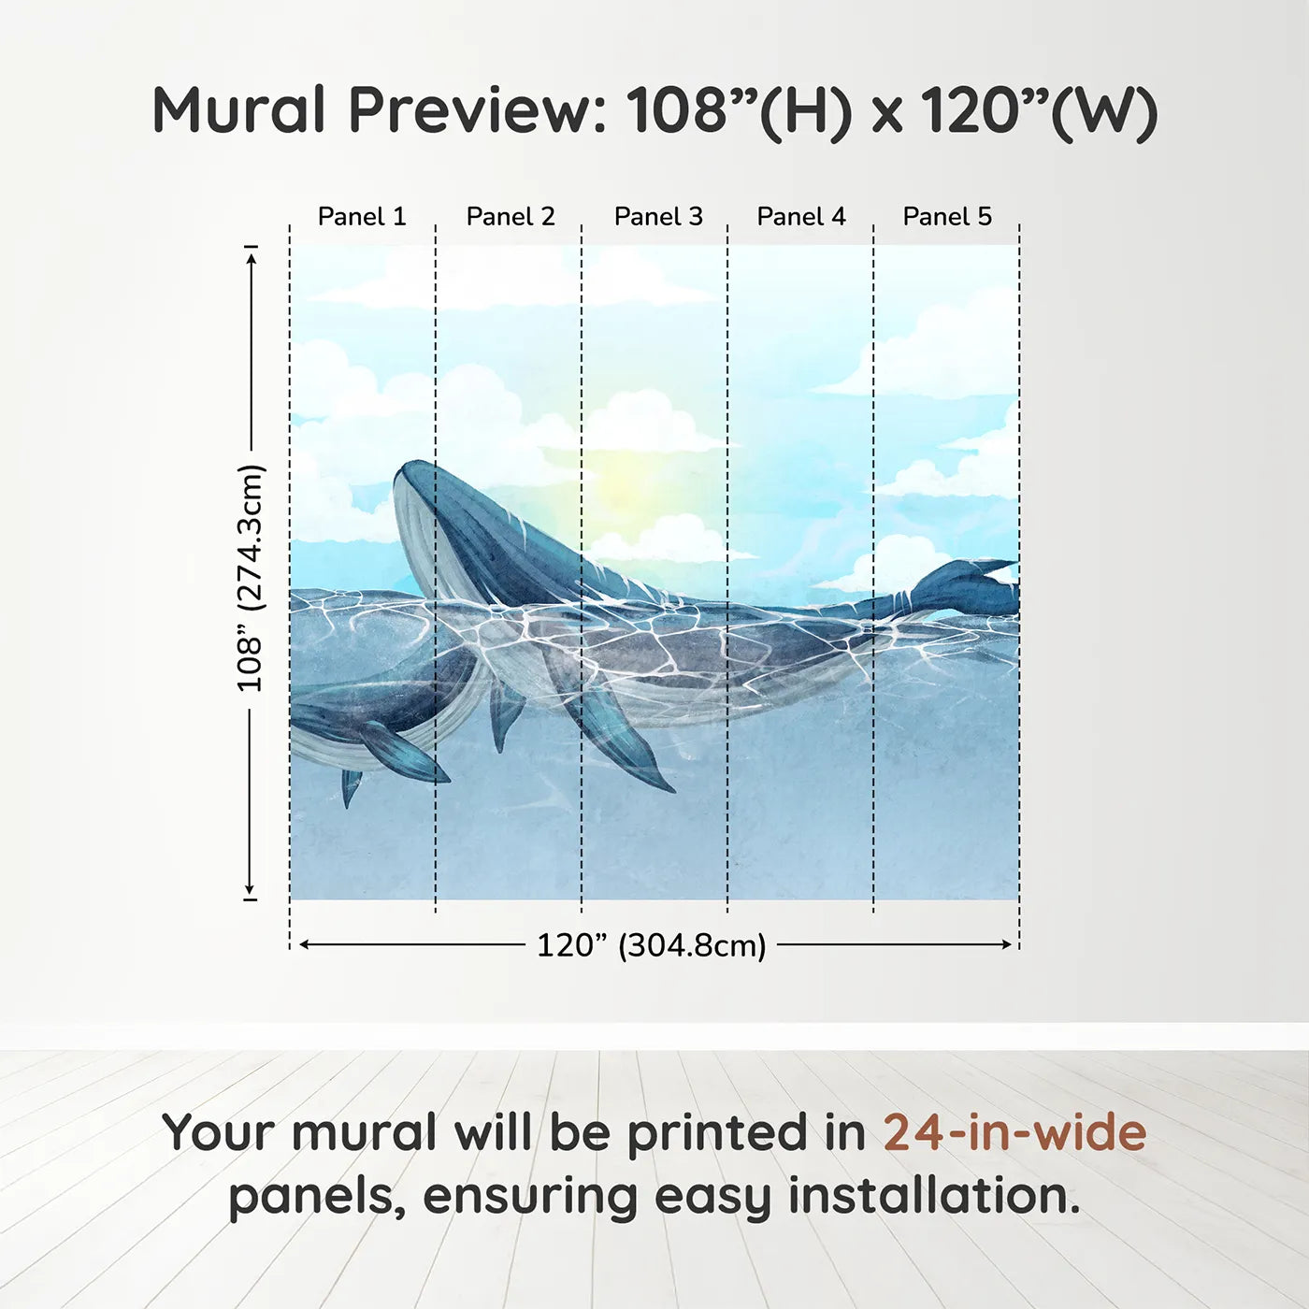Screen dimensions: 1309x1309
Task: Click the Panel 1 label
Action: point(362,216)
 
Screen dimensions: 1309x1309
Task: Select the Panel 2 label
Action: point(511,216)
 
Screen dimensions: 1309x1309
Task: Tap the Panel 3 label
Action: point(658,216)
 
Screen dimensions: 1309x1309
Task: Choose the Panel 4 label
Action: point(801,216)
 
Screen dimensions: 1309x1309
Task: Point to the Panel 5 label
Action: point(947,216)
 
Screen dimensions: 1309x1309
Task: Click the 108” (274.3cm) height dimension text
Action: point(251,578)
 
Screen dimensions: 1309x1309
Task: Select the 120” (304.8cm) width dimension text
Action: point(651,945)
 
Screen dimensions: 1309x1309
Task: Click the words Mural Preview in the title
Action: point(379,110)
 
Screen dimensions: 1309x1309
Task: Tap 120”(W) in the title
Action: point(1039,110)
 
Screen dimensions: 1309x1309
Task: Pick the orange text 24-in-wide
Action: point(1014,1132)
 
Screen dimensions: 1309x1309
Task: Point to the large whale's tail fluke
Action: point(968,587)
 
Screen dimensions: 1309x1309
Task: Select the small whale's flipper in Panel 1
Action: point(402,753)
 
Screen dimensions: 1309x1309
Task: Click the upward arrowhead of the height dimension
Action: point(251,257)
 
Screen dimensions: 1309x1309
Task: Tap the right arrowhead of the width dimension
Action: point(1007,944)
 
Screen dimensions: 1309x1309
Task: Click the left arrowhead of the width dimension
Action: point(304,944)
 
